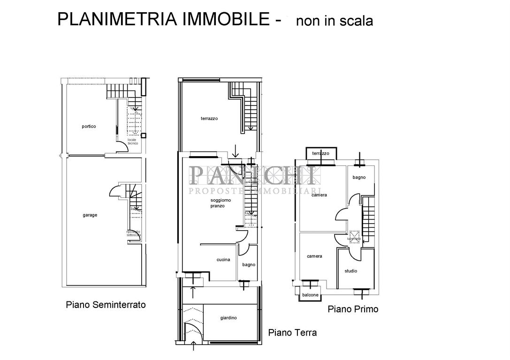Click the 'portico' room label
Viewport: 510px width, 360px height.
[x=89, y=127]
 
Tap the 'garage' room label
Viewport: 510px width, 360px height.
[x=90, y=215]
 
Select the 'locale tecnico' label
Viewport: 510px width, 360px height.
[x=133, y=142]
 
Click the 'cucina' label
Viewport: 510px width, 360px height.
[x=223, y=260]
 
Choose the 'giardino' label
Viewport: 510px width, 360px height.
[x=228, y=318]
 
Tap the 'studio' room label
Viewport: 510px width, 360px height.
[x=350, y=271]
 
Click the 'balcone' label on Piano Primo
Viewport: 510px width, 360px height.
[x=310, y=295]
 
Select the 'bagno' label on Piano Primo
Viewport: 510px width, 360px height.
[x=359, y=178]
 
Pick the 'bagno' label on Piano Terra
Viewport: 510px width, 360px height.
[x=249, y=265]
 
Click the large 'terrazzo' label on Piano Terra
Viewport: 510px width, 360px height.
[x=209, y=119]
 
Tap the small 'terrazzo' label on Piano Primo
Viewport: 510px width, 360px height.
[x=320, y=153]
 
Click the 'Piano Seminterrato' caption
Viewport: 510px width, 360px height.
[x=106, y=305]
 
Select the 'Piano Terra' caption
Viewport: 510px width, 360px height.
[x=292, y=333]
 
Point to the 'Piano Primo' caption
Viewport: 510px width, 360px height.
[x=353, y=309]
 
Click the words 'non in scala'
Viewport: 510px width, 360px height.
[x=335, y=21]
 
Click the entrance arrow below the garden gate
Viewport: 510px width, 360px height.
[x=194, y=346]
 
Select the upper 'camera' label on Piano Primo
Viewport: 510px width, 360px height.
[x=319, y=195]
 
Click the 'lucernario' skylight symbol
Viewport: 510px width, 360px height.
[x=354, y=235]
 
